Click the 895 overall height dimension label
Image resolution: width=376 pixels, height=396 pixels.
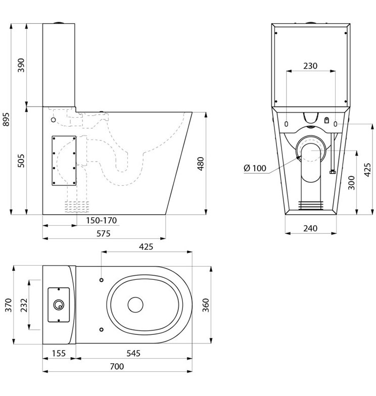6,119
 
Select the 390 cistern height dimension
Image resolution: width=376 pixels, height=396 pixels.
21,65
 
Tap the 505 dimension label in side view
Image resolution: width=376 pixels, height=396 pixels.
21,161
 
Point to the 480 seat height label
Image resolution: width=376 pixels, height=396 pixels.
200,164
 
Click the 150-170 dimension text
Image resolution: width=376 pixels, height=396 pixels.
101,220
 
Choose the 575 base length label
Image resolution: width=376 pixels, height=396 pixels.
104,233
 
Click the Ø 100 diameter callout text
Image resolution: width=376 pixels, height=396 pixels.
255,168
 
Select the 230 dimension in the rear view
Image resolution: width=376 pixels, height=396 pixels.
310,66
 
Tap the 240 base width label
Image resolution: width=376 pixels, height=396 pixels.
310,228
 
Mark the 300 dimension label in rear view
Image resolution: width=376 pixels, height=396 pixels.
351,183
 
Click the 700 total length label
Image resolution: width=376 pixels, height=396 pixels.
117,366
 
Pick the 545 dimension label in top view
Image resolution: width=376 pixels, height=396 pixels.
133,353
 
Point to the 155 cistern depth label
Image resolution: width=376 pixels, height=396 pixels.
59,353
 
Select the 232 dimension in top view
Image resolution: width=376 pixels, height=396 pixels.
24,305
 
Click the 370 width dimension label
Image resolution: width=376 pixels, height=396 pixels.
8,305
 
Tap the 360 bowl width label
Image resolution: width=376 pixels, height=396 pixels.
206,305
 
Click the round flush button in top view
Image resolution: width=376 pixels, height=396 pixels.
59,305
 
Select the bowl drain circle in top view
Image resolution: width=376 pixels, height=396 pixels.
135,305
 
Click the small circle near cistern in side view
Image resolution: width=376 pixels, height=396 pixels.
54,120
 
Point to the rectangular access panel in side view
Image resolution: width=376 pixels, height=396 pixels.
64,161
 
